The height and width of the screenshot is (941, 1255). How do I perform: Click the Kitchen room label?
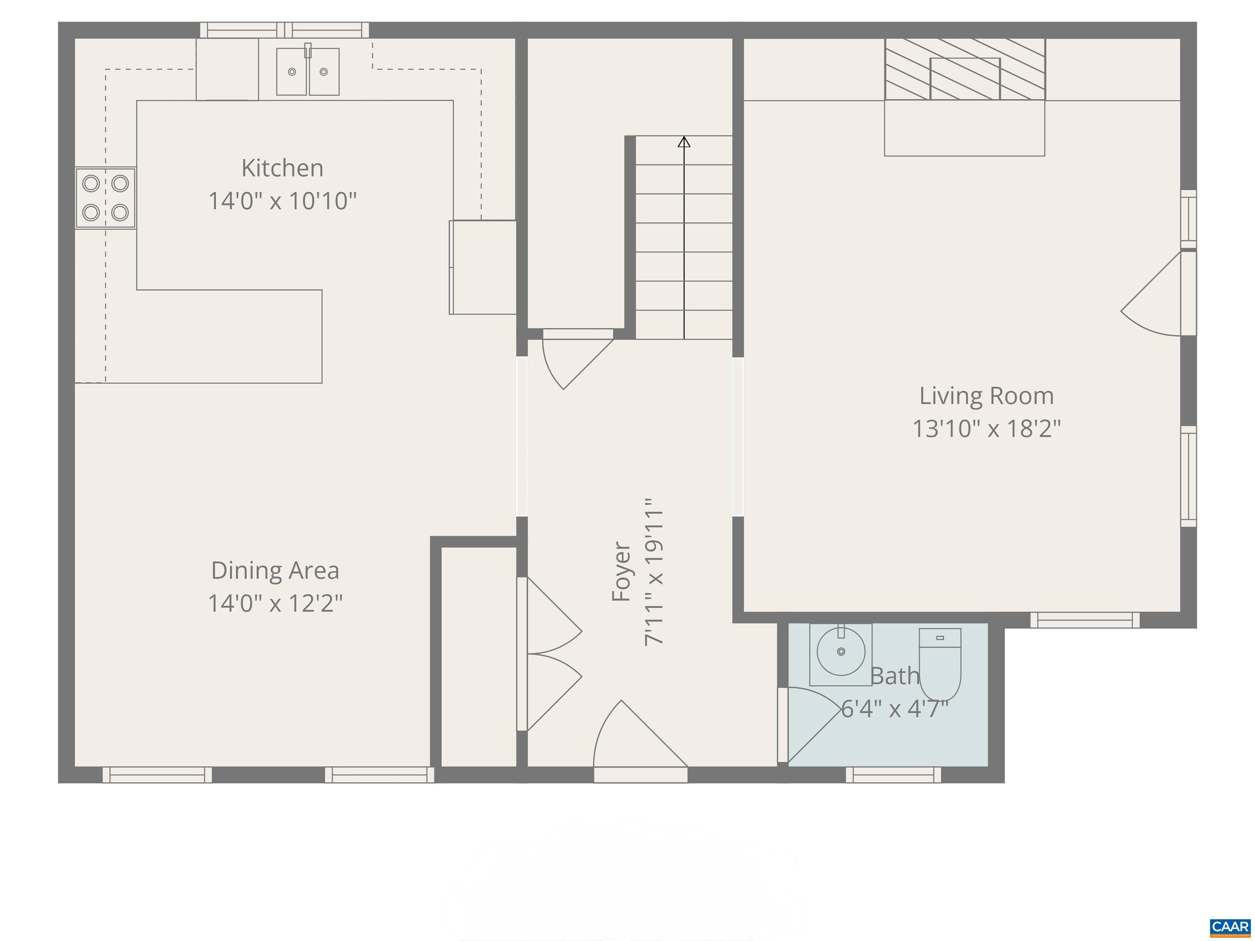[282, 168]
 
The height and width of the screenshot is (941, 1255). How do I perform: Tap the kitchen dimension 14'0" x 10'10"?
[282, 201]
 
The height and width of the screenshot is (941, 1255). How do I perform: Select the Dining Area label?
[275, 571]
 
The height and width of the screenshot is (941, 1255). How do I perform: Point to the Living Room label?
[986, 396]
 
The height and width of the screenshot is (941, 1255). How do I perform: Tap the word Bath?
[894, 676]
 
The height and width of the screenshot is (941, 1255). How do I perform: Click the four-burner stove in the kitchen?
[105, 198]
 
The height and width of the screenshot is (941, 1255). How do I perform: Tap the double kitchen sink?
[308, 71]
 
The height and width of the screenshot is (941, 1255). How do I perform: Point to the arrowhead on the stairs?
[683, 142]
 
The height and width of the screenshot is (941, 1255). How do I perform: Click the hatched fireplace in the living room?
[965, 69]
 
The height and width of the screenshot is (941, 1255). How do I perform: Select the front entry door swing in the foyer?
[635, 737]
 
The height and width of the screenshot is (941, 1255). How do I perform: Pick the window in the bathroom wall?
[893, 774]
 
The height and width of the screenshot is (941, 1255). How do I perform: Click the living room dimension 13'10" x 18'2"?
[986, 429]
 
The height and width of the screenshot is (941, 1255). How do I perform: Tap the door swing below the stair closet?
[573, 360]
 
